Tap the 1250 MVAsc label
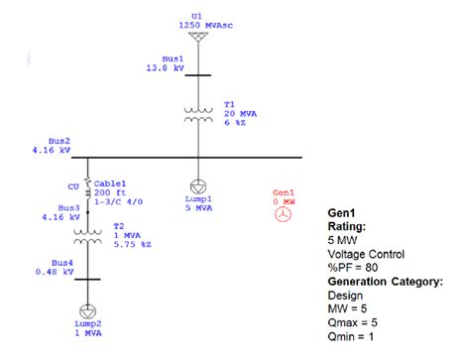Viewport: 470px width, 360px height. (199, 24)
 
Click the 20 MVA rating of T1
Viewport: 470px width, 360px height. (240, 113)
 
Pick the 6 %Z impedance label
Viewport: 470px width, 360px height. (235, 123)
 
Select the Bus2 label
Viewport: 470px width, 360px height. (59, 142)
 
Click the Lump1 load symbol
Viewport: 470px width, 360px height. (197, 184)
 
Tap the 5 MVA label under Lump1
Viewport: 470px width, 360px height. (197, 209)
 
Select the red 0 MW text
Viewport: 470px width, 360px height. (285, 201)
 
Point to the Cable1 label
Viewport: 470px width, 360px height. (109, 182)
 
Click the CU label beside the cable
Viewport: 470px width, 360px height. (72, 185)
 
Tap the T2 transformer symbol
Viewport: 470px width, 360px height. (87, 237)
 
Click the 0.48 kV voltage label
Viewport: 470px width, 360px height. (55, 271)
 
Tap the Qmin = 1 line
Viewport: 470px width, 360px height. (352, 336)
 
